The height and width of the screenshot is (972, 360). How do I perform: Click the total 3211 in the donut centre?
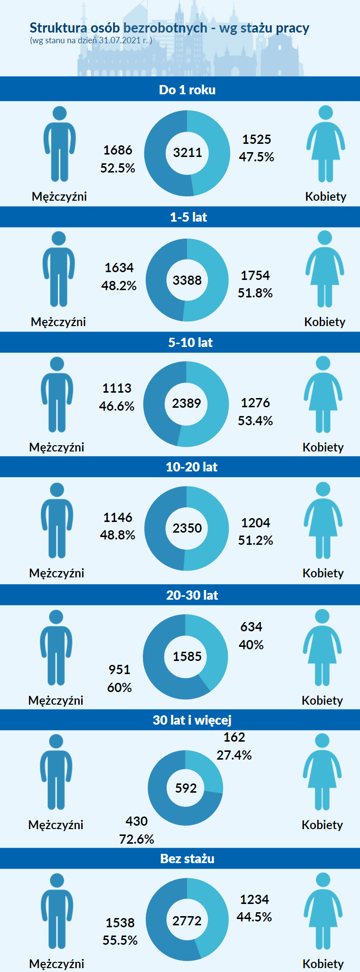(188, 153)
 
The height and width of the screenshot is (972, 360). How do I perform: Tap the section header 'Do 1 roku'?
(187, 90)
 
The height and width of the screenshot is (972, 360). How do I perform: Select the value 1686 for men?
(118, 150)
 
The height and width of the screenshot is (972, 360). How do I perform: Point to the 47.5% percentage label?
(257, 157)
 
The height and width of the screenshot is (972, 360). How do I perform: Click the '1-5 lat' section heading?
(189, 217)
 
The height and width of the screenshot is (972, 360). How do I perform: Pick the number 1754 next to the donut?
(255, 276)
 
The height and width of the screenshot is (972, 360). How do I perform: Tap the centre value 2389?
(187, 403)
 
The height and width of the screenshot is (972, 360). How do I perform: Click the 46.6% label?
(117, 406)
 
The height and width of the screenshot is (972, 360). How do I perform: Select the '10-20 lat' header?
(191, 467)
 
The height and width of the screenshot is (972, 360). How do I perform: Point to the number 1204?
(256, 523)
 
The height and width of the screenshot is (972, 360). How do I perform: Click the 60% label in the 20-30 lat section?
(120, 688)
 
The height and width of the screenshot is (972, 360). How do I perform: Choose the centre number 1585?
(187, 657)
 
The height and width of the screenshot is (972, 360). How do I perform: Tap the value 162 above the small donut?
(234, 737)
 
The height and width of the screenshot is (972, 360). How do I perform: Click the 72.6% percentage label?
(137, 839)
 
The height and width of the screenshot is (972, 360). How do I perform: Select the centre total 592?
(186, 788)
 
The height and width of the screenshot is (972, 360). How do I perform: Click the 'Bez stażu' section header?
(188, 859)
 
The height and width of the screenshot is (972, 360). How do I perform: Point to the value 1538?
(120, 923)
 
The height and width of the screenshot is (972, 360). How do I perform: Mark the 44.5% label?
(254, 917)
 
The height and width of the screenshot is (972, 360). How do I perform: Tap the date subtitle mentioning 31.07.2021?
(91, 40)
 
